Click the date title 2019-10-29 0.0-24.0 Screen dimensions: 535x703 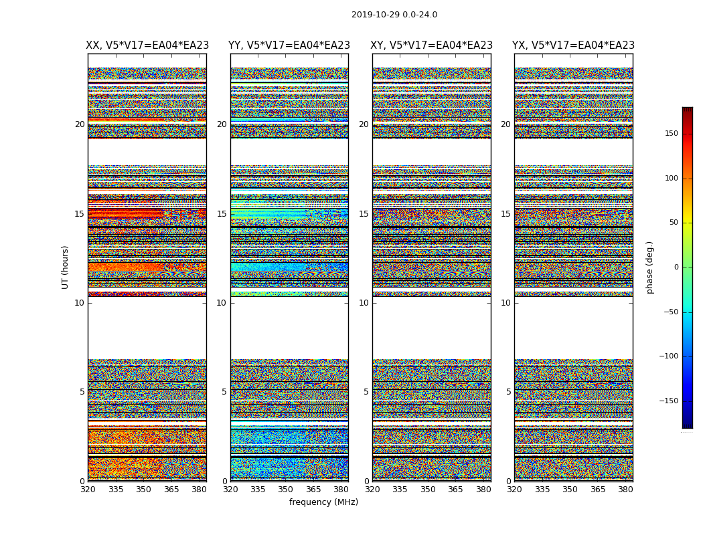tap(394, 15)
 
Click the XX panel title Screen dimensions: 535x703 tap(147, 45)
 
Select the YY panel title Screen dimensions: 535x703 tap(289, 45)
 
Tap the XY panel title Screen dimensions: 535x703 tap(432, 45)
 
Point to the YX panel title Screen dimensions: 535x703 tap(574, 45)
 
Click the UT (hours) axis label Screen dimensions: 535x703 tap(66, 267)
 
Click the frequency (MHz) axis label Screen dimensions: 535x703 tap(323, 502)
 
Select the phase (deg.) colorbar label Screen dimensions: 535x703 tap(650, 267)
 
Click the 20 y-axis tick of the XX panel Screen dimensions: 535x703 tap(80, 124)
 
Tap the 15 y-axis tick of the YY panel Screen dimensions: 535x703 tap(222, 214)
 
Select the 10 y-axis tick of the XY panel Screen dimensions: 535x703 tap(364, 303)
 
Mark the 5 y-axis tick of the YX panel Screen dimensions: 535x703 tap(508, 392)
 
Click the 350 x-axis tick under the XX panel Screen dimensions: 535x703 tap(143, 490)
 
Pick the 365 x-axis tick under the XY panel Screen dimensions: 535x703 tap(455, 490)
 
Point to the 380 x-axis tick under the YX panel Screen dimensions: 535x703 tap(625, 490)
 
